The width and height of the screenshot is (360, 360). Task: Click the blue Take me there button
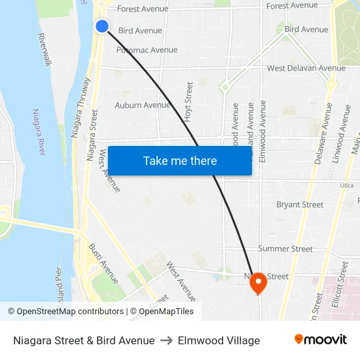[x=180, y=160]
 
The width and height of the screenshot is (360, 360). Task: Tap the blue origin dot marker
[x=102, y=26]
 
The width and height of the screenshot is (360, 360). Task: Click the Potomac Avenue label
[x=147, y=50]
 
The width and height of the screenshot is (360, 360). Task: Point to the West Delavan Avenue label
[x=306, y=68]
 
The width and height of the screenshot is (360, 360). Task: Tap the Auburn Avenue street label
[x=142, y=105]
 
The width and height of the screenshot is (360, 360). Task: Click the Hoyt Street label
[x=189, y=101]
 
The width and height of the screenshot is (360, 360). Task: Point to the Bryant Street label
[x=300, y=205]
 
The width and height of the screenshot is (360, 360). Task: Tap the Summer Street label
[x=285, y=249]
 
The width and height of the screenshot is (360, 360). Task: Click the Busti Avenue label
[x=103, y=263]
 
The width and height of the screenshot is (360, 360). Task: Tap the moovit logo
[x=321, y=340]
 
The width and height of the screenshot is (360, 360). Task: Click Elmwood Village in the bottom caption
[x=219, y=340]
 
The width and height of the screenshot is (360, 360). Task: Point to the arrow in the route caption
[x=166, y=340]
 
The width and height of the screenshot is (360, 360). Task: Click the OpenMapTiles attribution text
[x=162, y=312]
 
